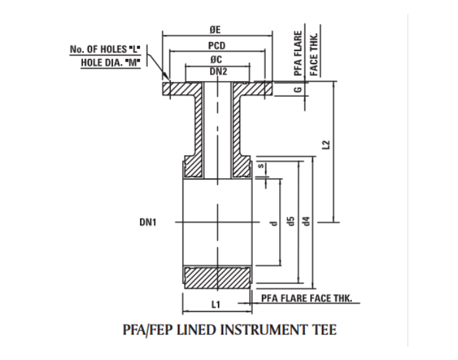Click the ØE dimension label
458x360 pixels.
click(x=218, y=29)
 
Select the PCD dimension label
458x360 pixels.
click(x=217, y=46)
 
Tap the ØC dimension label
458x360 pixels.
click(x=218, y=60)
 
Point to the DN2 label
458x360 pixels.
click(x=218, y=71)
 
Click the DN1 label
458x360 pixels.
click(x=149, y=223)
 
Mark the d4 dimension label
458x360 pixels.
click(x=306, y=223)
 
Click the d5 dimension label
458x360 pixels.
click(x=291, y=223)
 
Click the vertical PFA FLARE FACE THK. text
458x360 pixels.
click(x=306, y=54)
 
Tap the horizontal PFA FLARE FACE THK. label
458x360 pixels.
click(x=306, y=298)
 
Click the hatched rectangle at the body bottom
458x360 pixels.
click(x=217, y=278)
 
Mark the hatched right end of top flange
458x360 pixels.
click(x=264, y=89)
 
